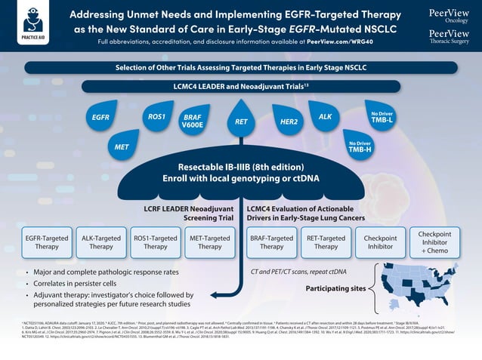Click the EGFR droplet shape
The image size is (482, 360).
click(x=100, y=118)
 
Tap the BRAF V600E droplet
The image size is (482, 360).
click(x=193, y=122)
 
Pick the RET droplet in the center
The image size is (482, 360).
click(x=241, y=120)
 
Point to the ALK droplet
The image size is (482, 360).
click(x=326, y=116)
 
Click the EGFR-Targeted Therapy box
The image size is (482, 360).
click(x=46, y=241)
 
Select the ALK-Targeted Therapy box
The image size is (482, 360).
click(x=100, y=241)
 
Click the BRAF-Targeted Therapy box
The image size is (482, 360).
click(x=271, y=241)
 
